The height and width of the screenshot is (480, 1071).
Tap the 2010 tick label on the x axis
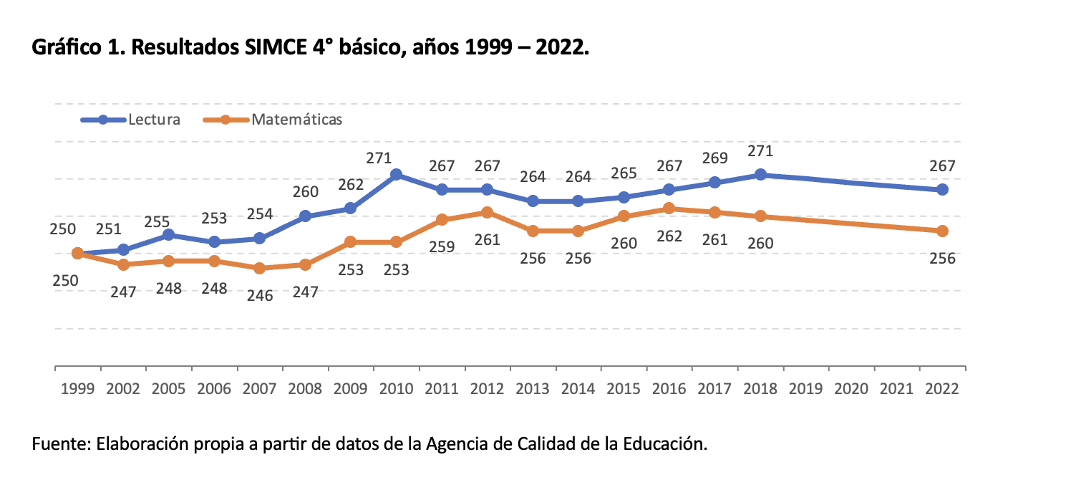coord(396,389)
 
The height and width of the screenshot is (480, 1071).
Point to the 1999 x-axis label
coord(78,389)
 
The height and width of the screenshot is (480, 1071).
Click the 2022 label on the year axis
coord(942,389)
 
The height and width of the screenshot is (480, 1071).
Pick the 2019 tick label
coord(806,389)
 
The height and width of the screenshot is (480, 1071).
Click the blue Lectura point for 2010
coord(396,175)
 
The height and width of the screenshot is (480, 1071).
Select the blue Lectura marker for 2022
coord(942,190)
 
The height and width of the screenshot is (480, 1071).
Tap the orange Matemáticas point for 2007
coord(260,268)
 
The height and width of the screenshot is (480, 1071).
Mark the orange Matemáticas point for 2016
coord(669,208)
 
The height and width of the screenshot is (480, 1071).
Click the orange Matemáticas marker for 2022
coord(942,231)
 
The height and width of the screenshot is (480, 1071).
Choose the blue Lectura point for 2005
coord(169,234)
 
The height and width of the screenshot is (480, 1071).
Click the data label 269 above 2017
coord(714,158)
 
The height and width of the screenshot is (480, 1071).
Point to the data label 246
coord(260,294)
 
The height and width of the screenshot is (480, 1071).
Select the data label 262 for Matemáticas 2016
coord(669,236)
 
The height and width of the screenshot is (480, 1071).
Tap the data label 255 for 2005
coord(169,221)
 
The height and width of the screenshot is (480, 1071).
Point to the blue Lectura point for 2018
coord(760,175)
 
